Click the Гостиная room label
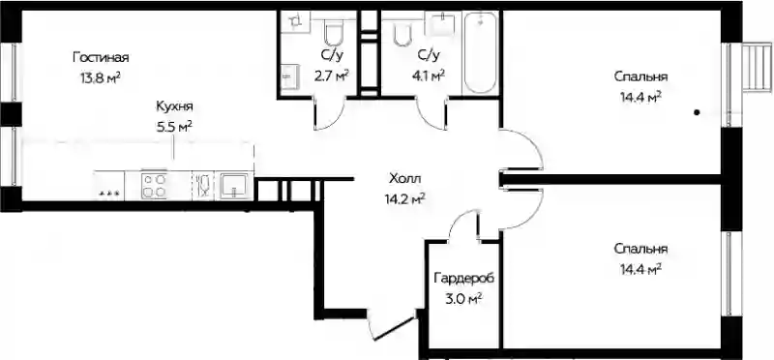101,58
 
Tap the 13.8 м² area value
101,78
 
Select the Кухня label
174,106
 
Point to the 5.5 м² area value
174,127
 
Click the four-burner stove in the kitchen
154,186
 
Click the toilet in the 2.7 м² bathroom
333,34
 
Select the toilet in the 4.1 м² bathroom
402,33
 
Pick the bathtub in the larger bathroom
480,52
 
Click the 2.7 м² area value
331,75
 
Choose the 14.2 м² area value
405,198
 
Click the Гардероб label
464,279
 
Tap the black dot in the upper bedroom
697,112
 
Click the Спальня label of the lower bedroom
641,249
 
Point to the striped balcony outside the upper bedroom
757,67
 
